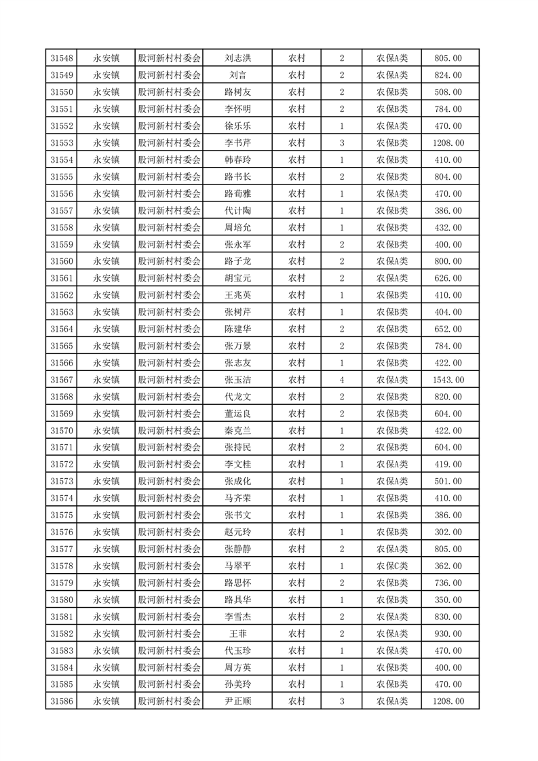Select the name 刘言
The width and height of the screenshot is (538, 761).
click(237, 75)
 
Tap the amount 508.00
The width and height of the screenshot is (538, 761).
click(448, 92)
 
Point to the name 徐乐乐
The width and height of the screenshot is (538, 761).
click(237, 126)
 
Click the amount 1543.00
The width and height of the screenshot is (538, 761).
click(448, 380)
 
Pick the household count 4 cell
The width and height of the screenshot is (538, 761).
click(341, 380)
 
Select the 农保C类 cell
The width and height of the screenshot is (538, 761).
click(392, 566)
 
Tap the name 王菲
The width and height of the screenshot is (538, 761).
click(237, 633)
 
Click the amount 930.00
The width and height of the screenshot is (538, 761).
click(448, 633)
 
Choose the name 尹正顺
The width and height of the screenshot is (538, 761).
click(237, 701)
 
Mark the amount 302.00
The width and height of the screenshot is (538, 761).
click(448, 532)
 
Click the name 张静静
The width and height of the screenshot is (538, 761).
click(237, 549)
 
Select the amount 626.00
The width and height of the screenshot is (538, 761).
click(448, 278)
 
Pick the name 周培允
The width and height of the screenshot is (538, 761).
click(237, 227)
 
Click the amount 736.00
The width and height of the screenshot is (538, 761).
click(448, 583)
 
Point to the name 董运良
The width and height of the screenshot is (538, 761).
click(237, 414)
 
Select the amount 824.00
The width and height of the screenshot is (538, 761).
click(448, 75)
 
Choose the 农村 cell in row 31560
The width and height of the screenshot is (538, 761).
click(296, 261)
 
